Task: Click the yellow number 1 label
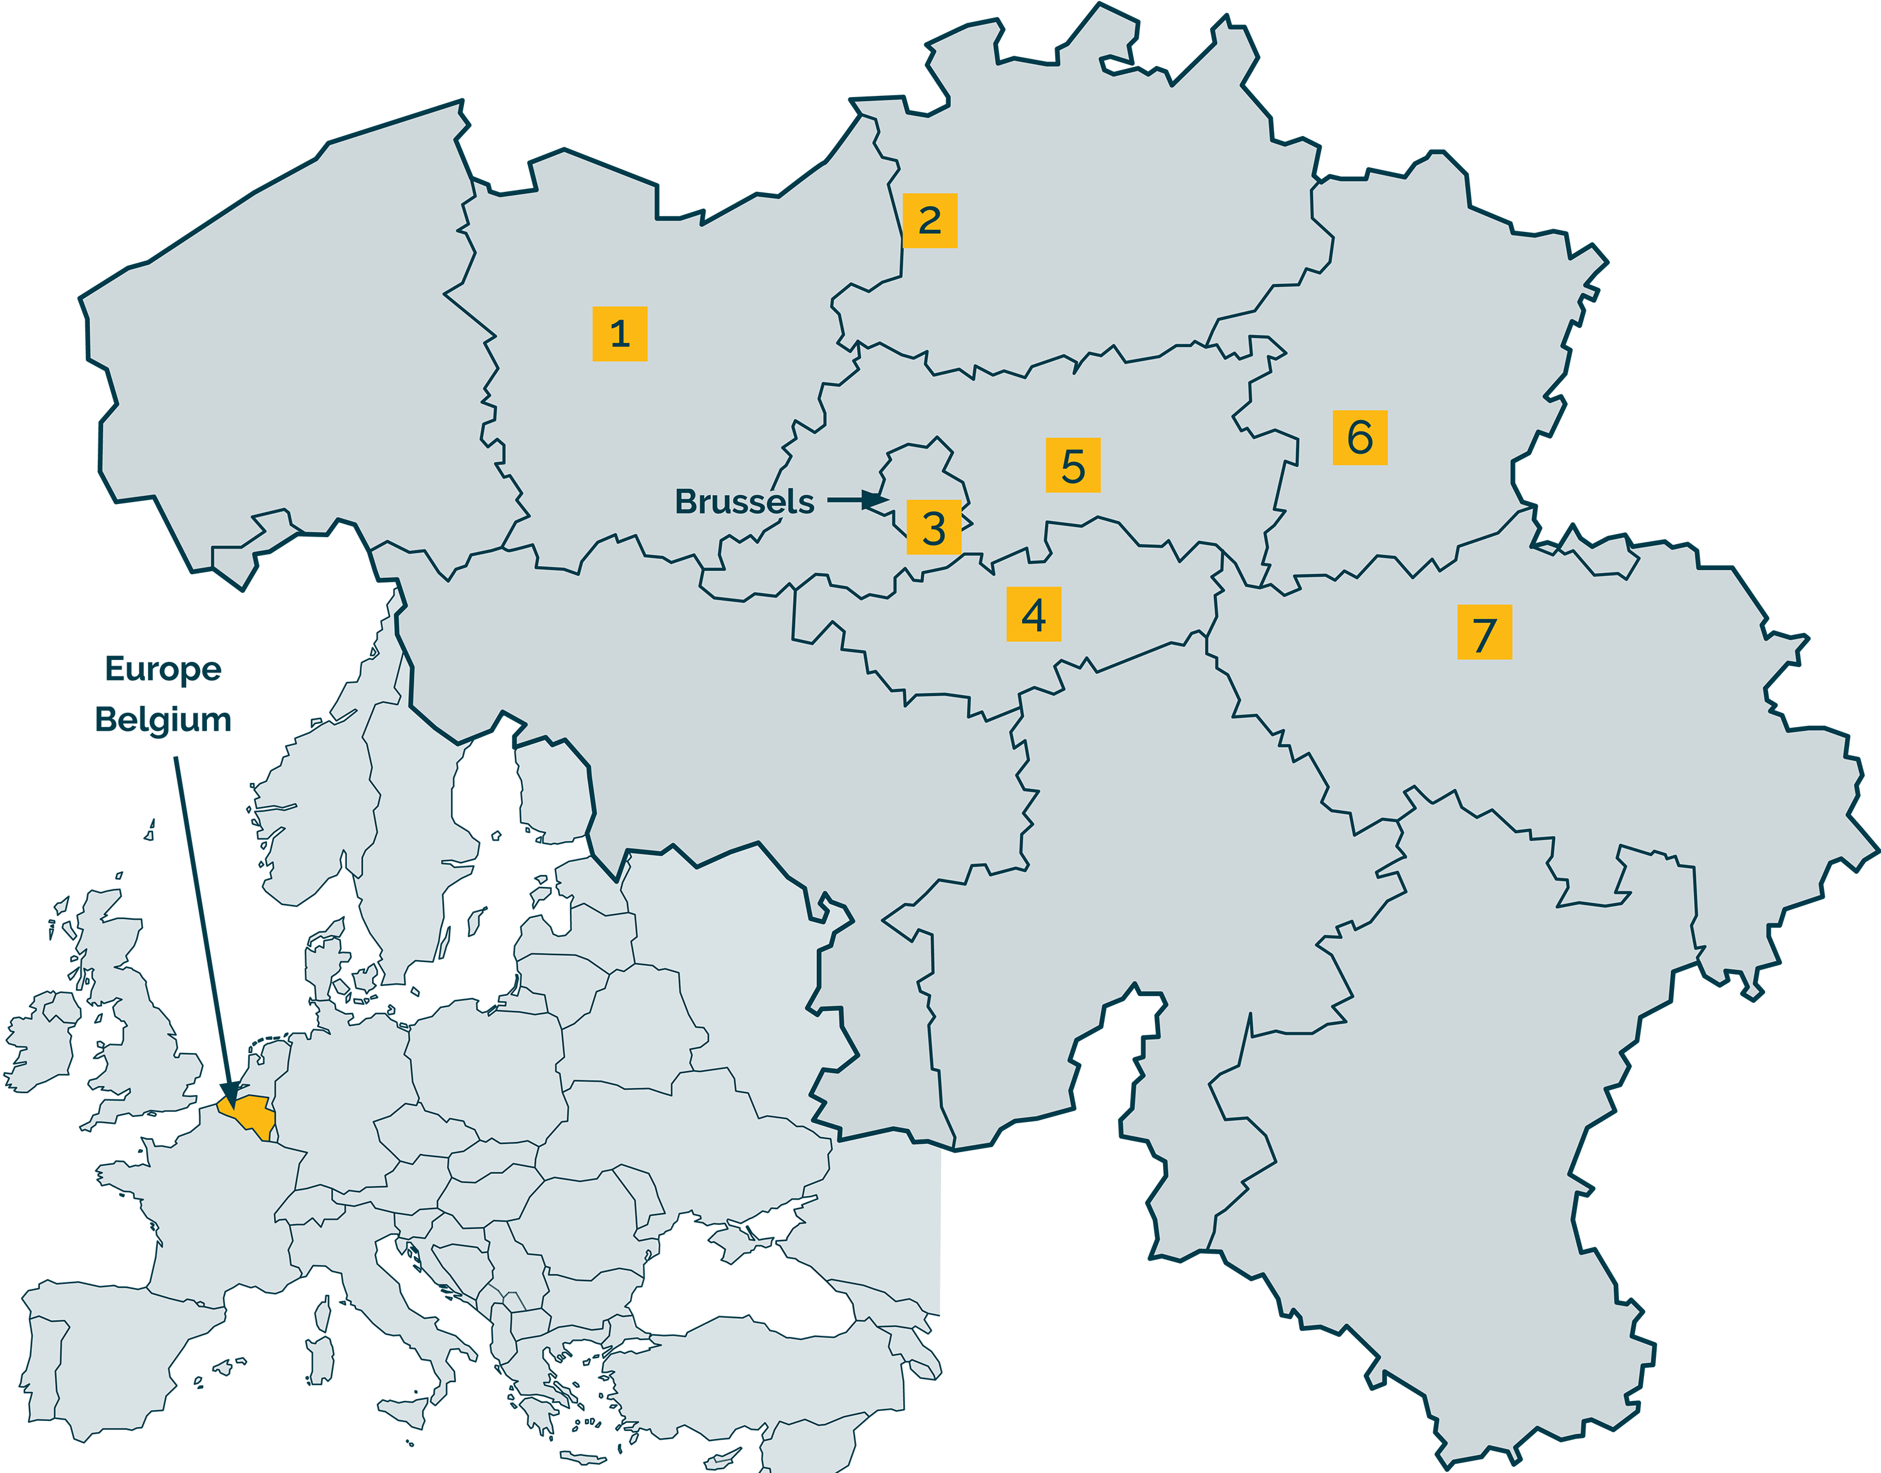click(619, 333)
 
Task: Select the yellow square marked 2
click(930, 221)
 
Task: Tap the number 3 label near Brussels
click(933, 527)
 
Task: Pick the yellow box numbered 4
click(1033, 614)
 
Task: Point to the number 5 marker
click(1073, 466)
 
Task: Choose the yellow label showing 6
click(1359, 438)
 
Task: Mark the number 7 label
click(1484, 633)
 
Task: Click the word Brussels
click(744, 501)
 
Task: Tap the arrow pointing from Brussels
click(858, 500)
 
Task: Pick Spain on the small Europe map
click(112, 1363)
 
